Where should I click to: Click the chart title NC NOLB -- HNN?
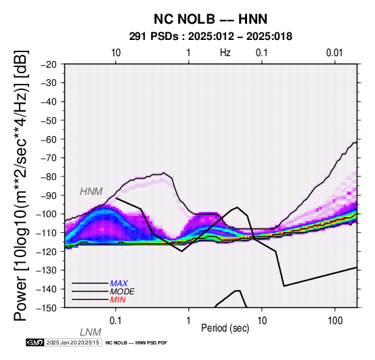coord(211,19)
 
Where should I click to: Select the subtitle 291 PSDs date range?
coord(211,37)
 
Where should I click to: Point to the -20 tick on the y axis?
coord(49,64)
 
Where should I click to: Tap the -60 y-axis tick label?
coord(49,139)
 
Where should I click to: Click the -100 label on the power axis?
coord(47,214)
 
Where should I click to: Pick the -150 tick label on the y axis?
coord(47,308)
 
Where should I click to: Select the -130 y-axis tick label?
coord(47,271)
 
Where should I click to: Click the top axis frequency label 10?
coord(116,53)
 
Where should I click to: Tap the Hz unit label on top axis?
coord(225,53)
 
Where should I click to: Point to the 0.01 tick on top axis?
coord(334,53)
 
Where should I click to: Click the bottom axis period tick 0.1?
coord(116,321)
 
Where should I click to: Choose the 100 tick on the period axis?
coord(335,321)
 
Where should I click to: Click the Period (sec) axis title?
coord(225,328)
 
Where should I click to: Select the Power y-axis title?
coord(21,185)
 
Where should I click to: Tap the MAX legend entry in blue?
coord(119,284)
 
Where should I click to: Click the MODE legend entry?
coord(122,292)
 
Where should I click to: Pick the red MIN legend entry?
coord(118,300)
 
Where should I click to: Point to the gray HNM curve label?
coord(91,192)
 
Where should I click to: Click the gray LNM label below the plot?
coord(91,332)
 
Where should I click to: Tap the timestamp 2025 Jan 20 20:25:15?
coord(72,342)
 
